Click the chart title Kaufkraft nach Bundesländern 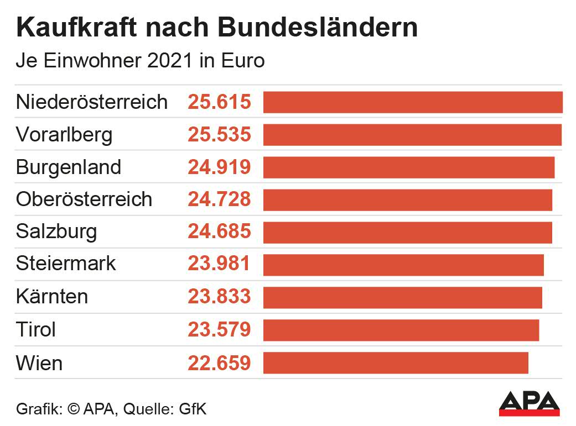click(217, 28)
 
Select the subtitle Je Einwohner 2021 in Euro click(140, 61)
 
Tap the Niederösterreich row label click(92, 102)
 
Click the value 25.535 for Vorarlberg click(220, 135)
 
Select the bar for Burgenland click(408, 167)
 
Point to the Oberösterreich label click(84, 199)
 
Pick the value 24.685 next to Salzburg click(220, 232)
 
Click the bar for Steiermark click(403, 265)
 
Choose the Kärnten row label click(52, 297)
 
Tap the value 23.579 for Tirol click(220, 330)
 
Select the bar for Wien click(396, 363)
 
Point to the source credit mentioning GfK click(111, 409)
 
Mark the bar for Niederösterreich click(413, 103)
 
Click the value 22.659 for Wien click(220, 363)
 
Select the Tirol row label click(36, 330)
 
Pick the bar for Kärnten click(402, 297)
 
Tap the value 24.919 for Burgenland click(220, 167)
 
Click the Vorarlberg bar click(412, 135)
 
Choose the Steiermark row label click(66, 264)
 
